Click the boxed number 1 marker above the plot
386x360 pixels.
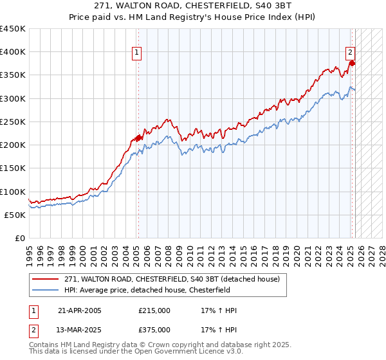(x=138, y=53)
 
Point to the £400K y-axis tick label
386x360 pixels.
(x=13, y=52)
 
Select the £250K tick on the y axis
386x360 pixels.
(x=13, y=122)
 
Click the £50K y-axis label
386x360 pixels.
(x=15, y=215)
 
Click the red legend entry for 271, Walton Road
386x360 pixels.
(x=172, y=280)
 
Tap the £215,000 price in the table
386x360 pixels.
(x=154, y=310)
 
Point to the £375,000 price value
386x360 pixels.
(x=154, y=330)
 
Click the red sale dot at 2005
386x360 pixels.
(x=139, y=138)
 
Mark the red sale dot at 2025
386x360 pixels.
(x=353, y=64)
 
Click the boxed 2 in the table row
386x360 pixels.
(x=33, y=330)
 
